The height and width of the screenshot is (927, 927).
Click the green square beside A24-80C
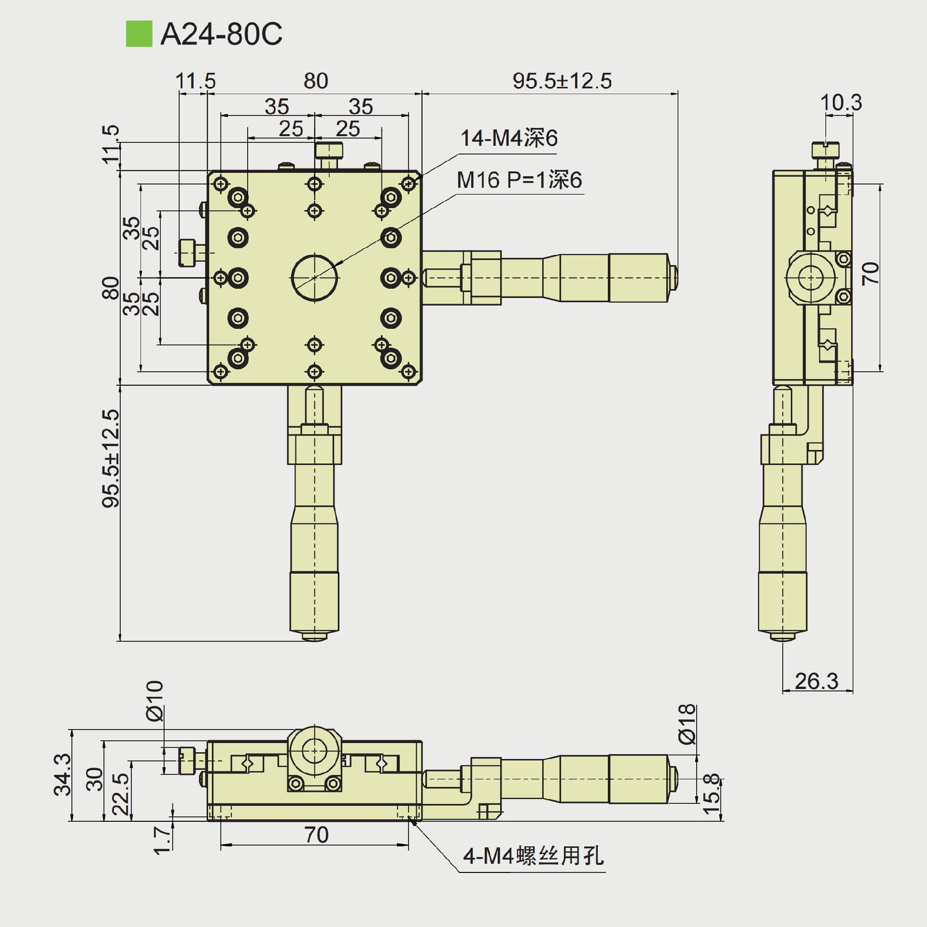coord(139,34)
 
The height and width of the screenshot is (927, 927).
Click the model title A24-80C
coord(221,34)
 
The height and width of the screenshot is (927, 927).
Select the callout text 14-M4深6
coord(509,139)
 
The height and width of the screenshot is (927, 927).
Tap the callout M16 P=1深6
coord(520,180)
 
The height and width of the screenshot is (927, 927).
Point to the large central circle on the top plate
coord(314,278)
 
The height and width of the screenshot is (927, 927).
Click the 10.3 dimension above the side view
coord(841,103)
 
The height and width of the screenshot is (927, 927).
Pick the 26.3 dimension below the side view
coord(816,681)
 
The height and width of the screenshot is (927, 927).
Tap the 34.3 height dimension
coord(63,774)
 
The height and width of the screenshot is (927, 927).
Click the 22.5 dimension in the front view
coord(121,794)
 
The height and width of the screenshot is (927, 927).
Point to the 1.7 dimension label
coord(162,840)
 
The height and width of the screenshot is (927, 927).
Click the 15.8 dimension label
coord(712,794)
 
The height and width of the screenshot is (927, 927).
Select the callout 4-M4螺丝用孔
coord(534,856)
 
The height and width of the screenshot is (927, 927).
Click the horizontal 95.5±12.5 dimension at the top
coord(562,81)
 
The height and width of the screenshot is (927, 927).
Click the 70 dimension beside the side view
coord(871,273)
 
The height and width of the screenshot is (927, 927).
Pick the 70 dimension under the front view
coord(316,835)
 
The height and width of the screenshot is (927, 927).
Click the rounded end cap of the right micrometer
coord(674,277)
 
